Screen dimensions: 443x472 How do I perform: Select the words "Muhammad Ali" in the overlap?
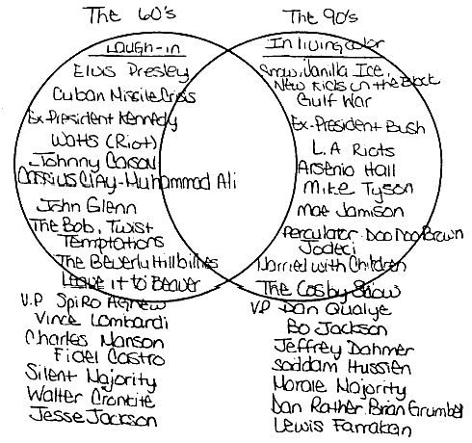click(x=198, y=181)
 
